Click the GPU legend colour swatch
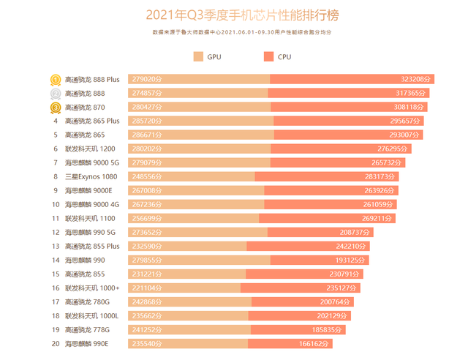pyautogui.click(x=198, y=57)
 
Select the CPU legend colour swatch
pyautogui.click(x=270, y=57)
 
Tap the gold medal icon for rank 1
pyautogui.click(x=55, y=79)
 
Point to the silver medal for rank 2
pyautogui.click(x=55, y=94)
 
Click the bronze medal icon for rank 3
pyautogui.click(x=55, y=108)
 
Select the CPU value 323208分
pyautogui.click(x=418, y=79)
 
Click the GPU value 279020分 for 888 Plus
pyautogui.click(x=147, y=79)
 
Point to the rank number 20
pyautogui.click(x=56, y=343)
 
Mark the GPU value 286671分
pyautogui.click(x=147, y=135)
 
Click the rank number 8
pyautogui.click(x=56, y=176)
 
